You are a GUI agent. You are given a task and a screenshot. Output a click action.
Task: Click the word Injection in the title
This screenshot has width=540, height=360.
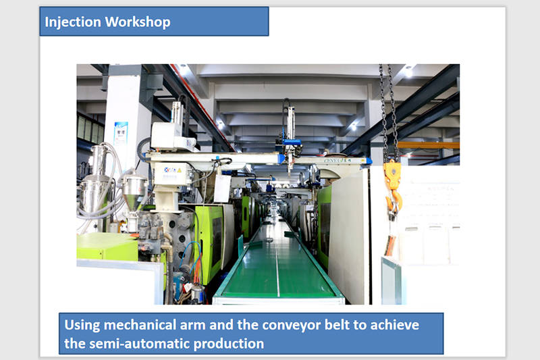(73, 22)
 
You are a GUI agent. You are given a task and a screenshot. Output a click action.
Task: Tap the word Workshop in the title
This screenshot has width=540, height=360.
(138, 22)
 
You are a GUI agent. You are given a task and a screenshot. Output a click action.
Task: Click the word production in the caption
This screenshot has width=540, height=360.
(229, 344)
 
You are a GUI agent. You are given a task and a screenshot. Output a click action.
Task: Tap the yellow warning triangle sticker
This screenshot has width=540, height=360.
(179, 170)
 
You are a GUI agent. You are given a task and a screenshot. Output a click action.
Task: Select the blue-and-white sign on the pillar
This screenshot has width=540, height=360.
(121, 134)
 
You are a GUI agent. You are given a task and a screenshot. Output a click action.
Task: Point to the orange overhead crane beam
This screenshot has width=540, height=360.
(429, 145)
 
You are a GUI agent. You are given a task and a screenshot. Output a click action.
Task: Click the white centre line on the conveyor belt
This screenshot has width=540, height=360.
(277, 262)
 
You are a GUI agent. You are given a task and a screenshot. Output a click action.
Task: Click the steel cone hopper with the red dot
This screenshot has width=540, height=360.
(134, 191)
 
